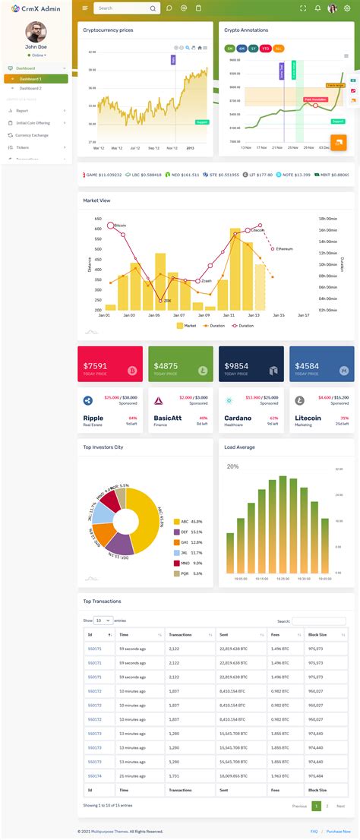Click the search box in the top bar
(x=122, y=8)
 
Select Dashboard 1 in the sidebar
(x=31, y=79)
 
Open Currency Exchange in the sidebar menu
(x=31, y=135)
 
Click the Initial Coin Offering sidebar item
(x=33, y=123)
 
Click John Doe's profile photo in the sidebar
(x=36, y=32)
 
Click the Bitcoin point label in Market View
(x=120, y=226)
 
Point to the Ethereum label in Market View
(x=284, y=248)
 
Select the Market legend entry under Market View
(x=187, y=325)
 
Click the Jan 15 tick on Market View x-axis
(x=278, y=314)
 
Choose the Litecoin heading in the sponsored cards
(x=308, y=418)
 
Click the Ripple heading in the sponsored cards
(x=93, y=418)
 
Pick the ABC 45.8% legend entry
(x=188, y=522)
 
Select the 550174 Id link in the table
(x=95, y=776)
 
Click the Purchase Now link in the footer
(x=338, y=832)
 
